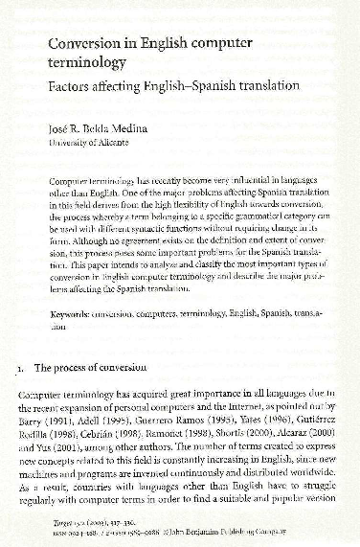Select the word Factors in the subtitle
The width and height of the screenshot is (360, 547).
click(x=75, y=84)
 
